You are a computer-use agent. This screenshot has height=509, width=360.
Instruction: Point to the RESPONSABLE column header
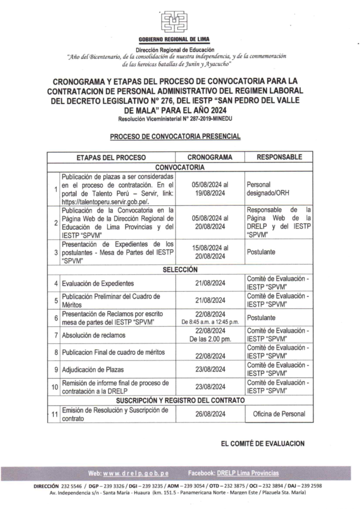[278, 157]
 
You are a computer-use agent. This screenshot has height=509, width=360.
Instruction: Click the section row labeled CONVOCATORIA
[180, 168]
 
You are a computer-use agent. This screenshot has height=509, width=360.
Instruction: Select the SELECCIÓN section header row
[180, 270]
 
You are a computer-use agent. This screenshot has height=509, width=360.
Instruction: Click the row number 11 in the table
[54, 414]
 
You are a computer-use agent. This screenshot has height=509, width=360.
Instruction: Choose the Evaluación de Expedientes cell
[97, 284]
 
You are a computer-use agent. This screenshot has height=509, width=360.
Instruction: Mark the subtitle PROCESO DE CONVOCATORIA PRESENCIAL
[175, 136]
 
